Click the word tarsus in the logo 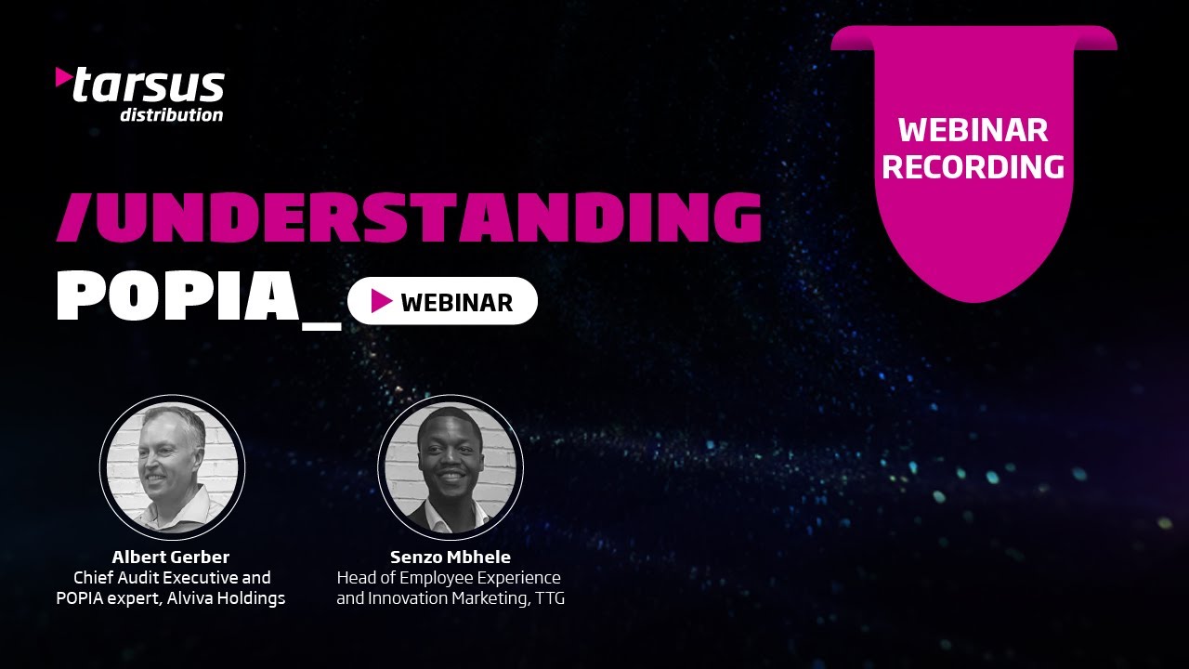click(x=149, y=86)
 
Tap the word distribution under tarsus click(x=171, y=115)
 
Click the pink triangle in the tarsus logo click(x=63, y=77)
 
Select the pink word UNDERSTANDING click(x=424, y=218)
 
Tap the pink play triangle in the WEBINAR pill click(x=381, y=301)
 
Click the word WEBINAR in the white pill click(x=456, y=302)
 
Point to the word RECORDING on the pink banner click(x=973, y=166)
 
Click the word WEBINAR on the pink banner click(x=973, y=130)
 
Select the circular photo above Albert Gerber click(x=172, y=466)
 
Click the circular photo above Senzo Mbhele click(x=451, y=466)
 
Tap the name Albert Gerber click(x=171, y=557)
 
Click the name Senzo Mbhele click(x=451, y=557)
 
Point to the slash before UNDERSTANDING click(x=72, y=218)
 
